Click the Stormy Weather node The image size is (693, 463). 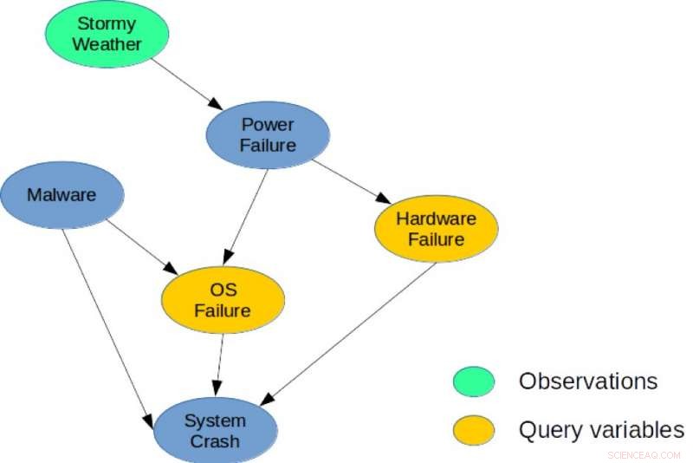pyautogui.click(x=106, y=33)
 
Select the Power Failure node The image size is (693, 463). pyautogui.click(x=268, y=134)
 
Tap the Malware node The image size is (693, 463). pyautogui.click(x=62, y=195)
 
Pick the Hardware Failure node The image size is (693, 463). pyautogui.click(x=436, y=227)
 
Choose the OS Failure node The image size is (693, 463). pyautogui.click(x=223, y=300)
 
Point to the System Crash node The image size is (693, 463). pyautogui.click(x=215, y=431)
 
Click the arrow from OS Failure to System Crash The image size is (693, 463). pyautogui.click(x=219, y=360)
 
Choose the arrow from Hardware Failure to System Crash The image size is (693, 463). pyautogui.click(x=350, y=333)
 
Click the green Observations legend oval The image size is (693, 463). pyautogui.click(x=473, y=381)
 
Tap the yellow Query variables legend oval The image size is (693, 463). pyautogui.click(x=473, y=429)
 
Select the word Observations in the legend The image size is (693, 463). pyautogui.click(x=587, y=381)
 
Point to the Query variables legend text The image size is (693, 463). pyautogui.click(x=600, y=429)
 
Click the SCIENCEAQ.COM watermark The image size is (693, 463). pyautogui.click(x=646, y=453)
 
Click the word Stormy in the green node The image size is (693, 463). pyautogui.click(x=106, y=23)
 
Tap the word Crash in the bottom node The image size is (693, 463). pyautogui.click(x=215, y=441)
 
